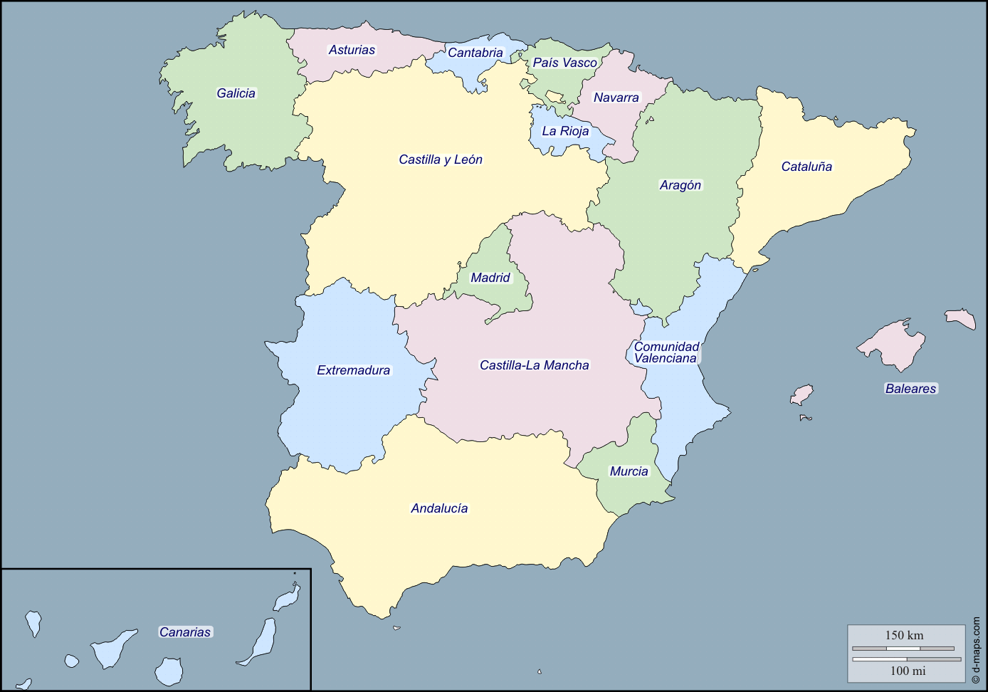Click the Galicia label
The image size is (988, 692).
[236, 93]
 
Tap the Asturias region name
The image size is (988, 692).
[352, 50]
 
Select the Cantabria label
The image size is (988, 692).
[475, 53]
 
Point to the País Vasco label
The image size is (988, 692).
[564, 63]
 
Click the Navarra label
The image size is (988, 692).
[616, 98]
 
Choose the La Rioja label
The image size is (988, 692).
[565, 131]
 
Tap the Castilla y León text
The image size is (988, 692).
[441, 159]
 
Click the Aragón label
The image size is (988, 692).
[680, 185]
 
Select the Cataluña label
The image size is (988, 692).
[806, 167]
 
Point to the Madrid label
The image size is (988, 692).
[490, 278]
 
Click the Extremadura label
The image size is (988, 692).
[353, 370]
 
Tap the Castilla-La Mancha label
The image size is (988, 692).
[535, 365]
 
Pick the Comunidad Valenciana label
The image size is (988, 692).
[666, 352]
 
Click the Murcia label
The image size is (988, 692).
[629, 471]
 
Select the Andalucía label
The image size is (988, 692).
[439, 508]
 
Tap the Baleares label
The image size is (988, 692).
[910, 389]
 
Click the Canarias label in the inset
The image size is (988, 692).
[185, 632]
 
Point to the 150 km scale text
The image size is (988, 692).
[904, 635]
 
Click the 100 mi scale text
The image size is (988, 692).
[908, 671]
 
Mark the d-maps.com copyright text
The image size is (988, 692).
[975, 650]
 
